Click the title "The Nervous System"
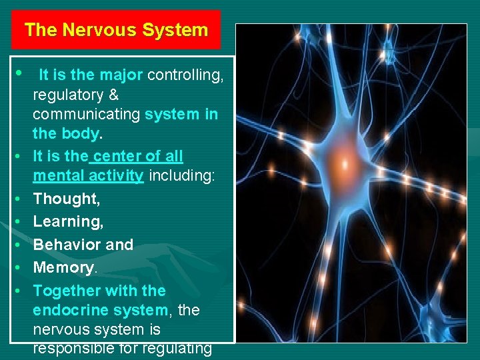pos(116,30)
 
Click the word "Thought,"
pos(65,199)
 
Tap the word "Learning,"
pos(68,221)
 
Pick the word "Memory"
pos(63,267)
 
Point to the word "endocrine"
pos(65,310)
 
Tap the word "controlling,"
pos(185,75)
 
